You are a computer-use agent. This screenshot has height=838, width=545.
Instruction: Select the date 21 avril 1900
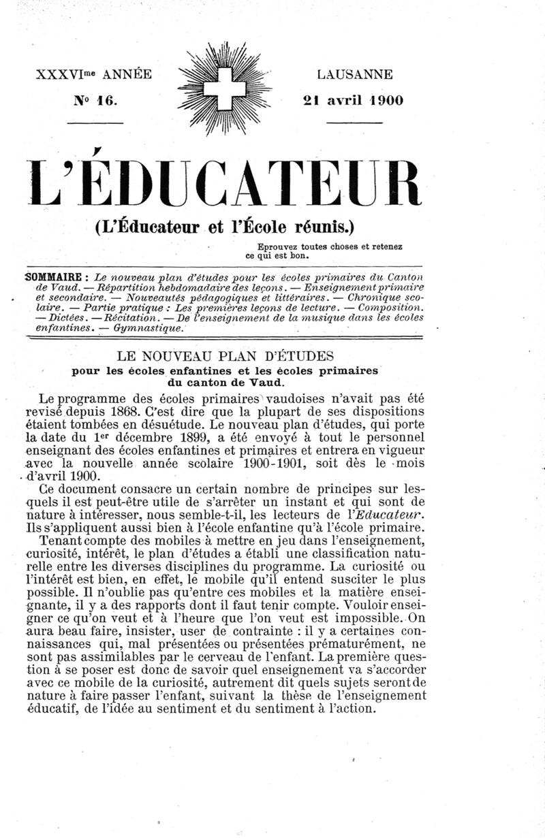click(x=353, y=100)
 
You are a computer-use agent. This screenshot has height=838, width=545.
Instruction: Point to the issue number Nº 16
click(x=96, y=100)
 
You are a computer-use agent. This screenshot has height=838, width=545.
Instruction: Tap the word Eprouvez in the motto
click(x=278, y=247)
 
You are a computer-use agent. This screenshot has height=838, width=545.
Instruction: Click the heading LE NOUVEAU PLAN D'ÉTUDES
click(x=225, y=355)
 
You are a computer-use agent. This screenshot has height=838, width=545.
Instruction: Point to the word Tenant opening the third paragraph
click(x=63, y=541)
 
